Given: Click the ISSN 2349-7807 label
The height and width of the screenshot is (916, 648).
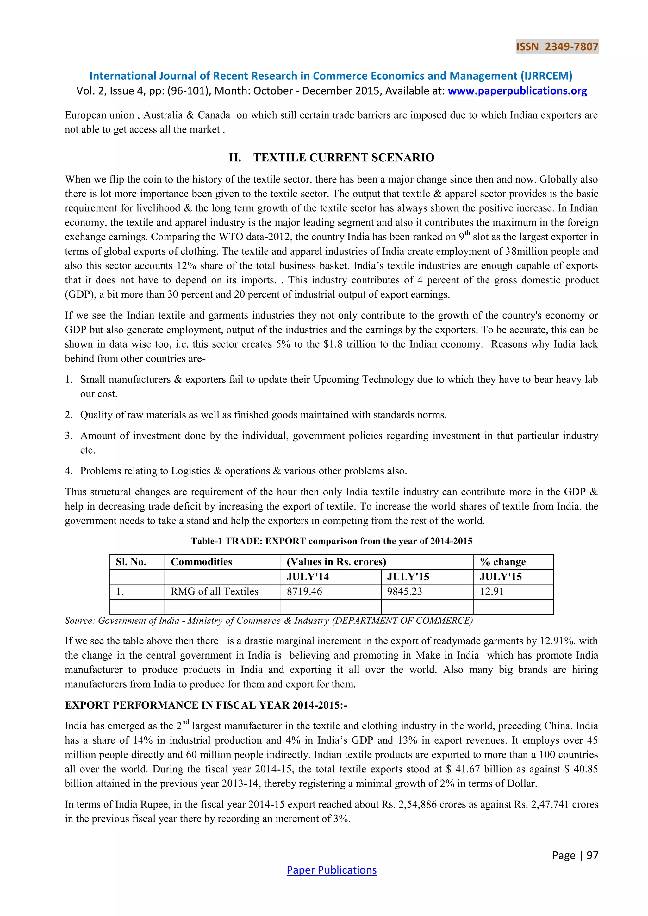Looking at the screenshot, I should tap(557, 47).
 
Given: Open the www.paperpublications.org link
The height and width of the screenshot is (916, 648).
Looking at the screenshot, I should tap(517, 91).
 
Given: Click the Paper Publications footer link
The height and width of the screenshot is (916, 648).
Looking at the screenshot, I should tap(332, 870).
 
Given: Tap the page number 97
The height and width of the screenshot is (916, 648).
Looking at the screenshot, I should tap(593, 855).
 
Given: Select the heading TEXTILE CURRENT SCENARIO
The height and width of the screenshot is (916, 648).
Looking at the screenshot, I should tap(344, 158).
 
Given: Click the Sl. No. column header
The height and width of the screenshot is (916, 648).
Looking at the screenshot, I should tap(131, 562).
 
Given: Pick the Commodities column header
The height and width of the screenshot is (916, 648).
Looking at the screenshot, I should tap(202, 562).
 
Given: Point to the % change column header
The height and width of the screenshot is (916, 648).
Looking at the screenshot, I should tap(503, 562).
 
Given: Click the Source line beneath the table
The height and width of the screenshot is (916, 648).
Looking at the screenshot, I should tap(269, 621).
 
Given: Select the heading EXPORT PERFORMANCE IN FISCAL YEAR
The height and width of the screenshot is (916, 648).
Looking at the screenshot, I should tap(206, 705).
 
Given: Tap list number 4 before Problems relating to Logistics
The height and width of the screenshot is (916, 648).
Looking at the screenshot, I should tap(69, 471).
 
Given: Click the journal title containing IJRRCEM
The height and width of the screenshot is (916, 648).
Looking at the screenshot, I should tap(331, 76).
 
